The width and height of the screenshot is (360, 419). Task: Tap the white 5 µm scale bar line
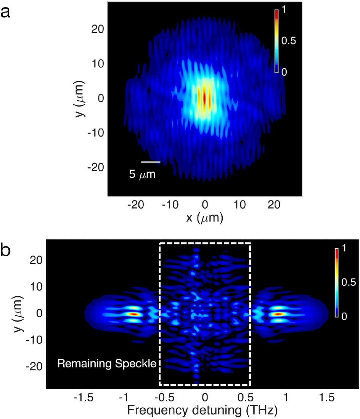151,162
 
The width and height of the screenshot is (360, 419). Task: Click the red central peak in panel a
205,98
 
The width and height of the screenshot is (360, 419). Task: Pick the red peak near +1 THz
278,314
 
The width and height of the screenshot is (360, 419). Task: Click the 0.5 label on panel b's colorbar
348,283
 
